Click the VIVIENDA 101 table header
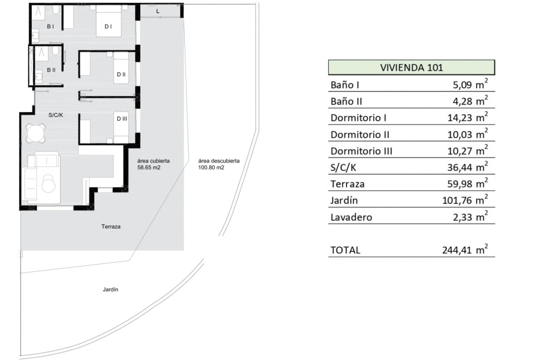411,67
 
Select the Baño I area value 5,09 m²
470,84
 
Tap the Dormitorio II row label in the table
360,134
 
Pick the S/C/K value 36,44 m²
467,167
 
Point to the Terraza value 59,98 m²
467,183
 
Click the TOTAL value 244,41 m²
465,249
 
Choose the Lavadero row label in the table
351,217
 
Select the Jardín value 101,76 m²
465,200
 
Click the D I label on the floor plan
108,26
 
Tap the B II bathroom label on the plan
51,70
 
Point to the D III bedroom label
122,119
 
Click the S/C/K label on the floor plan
55,115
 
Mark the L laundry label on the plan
158,11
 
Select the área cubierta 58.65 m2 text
153,164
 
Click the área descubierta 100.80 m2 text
218,164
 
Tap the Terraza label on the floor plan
111,227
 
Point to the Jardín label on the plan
110,289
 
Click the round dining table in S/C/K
36,132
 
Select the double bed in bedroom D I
109,23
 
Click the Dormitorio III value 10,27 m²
467,150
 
